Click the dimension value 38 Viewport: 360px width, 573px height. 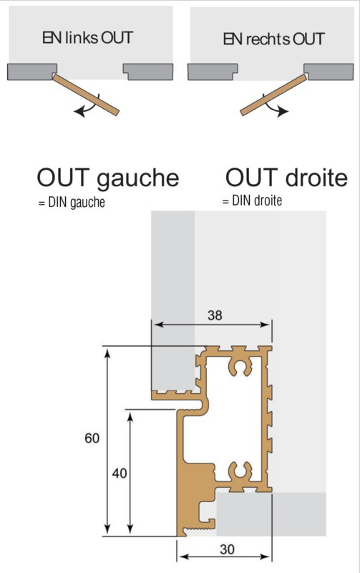pos(215,315)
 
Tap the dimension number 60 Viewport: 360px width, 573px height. pos(92,438)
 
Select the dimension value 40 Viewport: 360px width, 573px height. pos(120,473)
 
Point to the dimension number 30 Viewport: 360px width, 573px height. pos(227,549)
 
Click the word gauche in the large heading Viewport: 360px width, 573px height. pos(138,178)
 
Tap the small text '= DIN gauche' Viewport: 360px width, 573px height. pos(72,203)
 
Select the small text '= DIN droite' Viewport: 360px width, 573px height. pos(252,201)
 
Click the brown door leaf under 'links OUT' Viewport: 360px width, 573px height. pos(86,94)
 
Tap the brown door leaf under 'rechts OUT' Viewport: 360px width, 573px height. pos(273,95)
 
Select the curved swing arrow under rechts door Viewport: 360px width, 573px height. pos(273,107)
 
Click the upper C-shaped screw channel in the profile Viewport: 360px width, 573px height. pos(240,367)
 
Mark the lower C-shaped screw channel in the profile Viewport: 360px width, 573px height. pos(240,472)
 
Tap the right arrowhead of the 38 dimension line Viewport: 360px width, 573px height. pos(266,324)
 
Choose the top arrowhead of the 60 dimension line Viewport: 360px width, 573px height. pos(107,353)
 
